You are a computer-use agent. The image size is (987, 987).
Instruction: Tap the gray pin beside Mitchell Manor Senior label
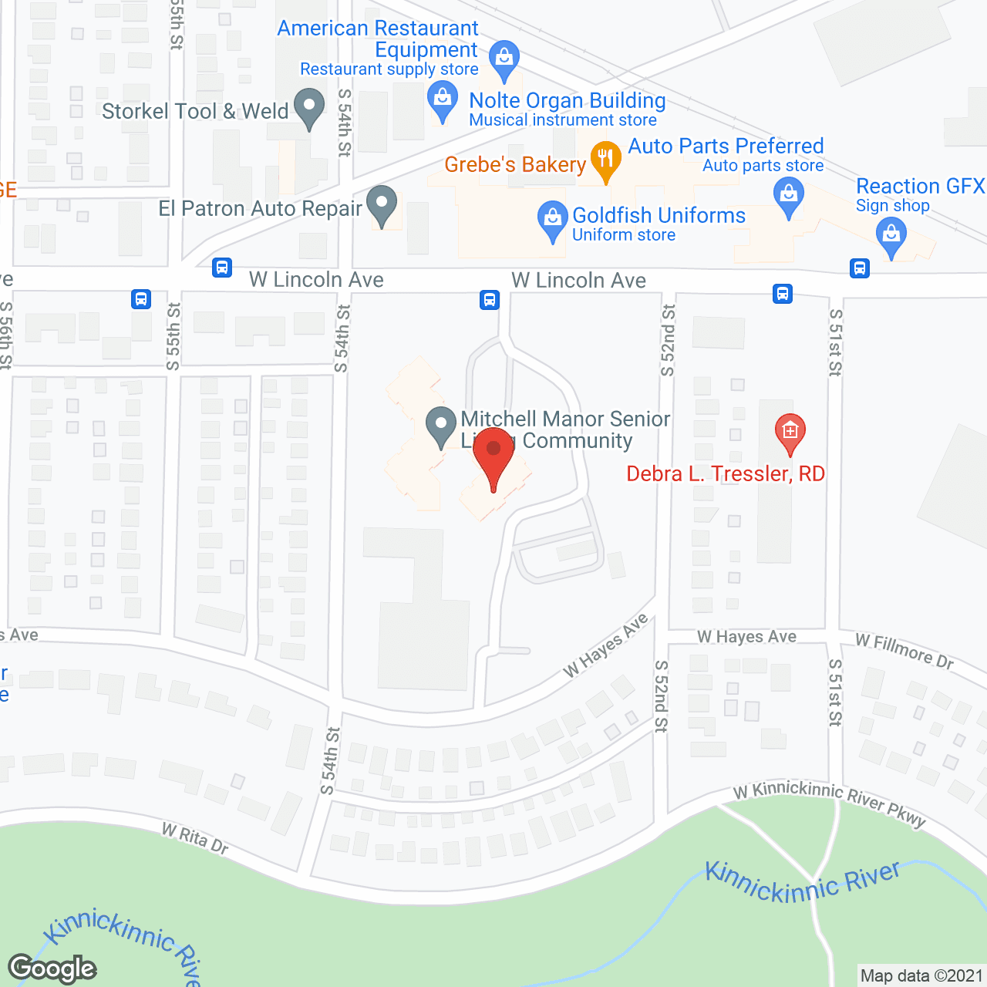(x=441, y=426)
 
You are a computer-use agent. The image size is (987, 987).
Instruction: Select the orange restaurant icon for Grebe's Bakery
(x=606, y=161)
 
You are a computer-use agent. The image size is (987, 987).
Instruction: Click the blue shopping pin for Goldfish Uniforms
(x=553, y=220)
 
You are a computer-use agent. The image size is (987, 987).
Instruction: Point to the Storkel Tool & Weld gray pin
(x=310, y=109)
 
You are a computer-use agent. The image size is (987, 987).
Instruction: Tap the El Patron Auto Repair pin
(x=381, y=205)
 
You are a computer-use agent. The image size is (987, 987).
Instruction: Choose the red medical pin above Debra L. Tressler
(x=790, y=433)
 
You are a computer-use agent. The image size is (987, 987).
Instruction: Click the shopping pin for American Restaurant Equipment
(x=504, y=59)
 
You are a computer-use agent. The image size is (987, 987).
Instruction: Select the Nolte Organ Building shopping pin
(x=443, y=102)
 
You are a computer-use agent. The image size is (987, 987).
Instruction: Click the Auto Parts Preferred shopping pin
(x=789, y=196)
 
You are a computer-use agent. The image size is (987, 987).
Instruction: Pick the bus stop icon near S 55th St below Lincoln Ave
(x=141, y=299)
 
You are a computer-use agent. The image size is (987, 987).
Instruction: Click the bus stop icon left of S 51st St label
(x=783, y=294)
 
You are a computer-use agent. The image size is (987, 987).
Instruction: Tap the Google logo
(x=52, y=968)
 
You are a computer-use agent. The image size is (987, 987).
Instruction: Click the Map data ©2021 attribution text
(x=921, y=976)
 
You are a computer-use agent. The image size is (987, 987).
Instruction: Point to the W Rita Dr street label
(x=195, y=839)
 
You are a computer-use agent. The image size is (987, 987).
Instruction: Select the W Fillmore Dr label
(x=904, y=652)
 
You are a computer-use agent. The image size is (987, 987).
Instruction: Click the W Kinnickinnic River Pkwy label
(x=829, y=803)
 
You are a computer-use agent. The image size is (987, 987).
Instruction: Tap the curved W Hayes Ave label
(x=606, y=646)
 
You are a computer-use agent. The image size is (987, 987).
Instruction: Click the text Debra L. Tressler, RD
(x=726, y=473)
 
